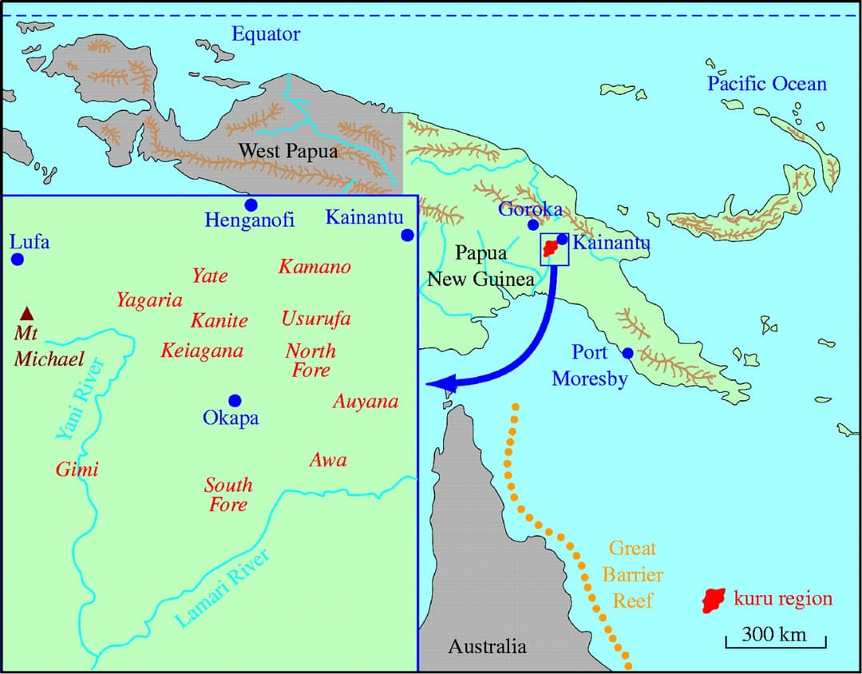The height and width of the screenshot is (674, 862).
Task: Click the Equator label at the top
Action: [x=266, y=34]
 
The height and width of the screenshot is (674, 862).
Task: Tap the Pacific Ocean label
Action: [x=767, y=84]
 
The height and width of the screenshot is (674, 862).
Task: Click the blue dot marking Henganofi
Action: [x=251, y=205]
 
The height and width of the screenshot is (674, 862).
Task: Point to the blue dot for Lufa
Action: [x=18, y=259]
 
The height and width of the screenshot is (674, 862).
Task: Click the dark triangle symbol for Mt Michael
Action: [x=27, y=312]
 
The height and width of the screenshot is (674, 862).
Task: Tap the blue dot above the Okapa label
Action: [x=234, y=400]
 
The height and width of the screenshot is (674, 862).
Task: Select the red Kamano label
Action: [x=314, y=267]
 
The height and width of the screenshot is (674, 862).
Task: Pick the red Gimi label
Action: [x=77, y=470]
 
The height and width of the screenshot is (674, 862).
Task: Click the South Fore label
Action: [x=228, y=494]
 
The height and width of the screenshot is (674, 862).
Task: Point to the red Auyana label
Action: [x=365, y=402]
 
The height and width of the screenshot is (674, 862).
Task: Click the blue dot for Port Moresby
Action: [x=628, y=353]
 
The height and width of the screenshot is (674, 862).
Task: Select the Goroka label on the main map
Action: [x=531, y=209]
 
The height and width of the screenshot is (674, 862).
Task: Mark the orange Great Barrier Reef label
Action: [x=633, y=573]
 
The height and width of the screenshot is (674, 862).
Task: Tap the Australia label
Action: [x=487, y=646]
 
